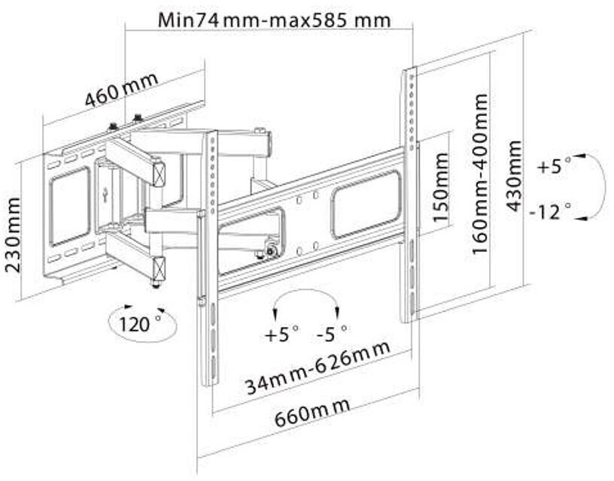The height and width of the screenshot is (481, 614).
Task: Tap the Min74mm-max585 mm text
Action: click(x=275, y=20)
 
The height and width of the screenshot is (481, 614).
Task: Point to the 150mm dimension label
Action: click(x=442, y=184)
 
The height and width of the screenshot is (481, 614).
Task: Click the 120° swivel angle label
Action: click(x=138, y=325)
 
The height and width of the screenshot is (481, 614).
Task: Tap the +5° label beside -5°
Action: click(x=282, y=333)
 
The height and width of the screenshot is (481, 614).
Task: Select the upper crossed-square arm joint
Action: click(x=159, y=173)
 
